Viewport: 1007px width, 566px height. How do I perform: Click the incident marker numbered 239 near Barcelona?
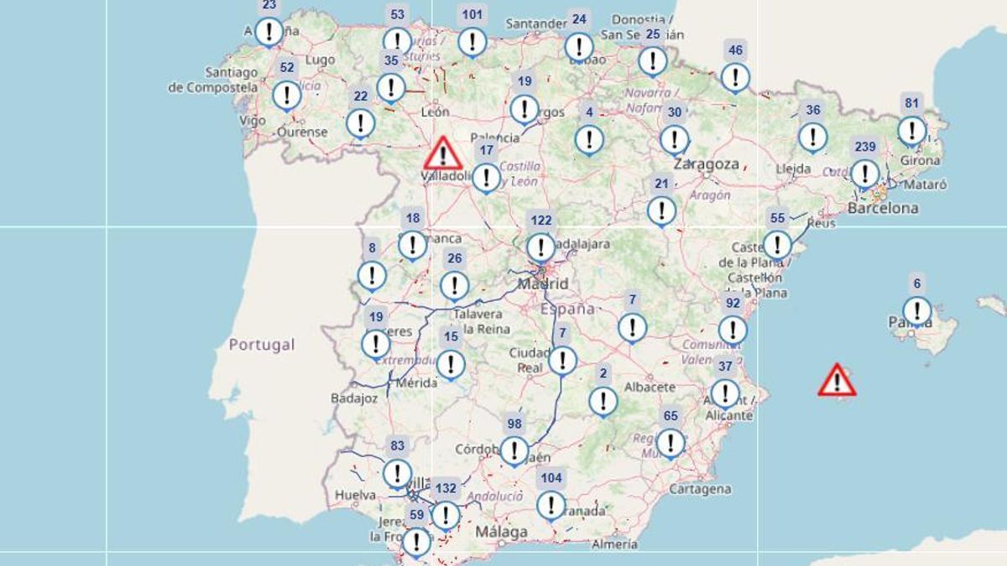click(864, 174)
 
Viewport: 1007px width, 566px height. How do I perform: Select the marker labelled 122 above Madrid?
click(541, 247)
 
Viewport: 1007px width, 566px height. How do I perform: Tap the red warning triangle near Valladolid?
click(442, 154)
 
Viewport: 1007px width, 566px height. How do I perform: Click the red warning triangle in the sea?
click(837, 380)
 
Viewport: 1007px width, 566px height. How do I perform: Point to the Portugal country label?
click(263, 345)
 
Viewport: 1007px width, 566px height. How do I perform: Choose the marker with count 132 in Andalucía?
click(446, 514)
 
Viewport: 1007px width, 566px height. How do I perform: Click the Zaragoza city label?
click(706, 164)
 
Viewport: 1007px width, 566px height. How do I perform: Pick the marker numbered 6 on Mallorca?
click(916, 310)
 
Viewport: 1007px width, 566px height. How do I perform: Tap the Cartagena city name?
click(701, 489)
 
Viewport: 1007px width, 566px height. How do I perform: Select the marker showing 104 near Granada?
click(550, 504)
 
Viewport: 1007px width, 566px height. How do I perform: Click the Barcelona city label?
click(883, 208)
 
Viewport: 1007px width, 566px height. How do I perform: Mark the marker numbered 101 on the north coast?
click(472, 41)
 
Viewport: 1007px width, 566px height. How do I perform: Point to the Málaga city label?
click(501, 532)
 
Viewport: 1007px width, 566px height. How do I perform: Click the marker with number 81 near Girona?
click(911, 130)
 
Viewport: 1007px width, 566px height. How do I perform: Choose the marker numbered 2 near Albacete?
click(603, 401)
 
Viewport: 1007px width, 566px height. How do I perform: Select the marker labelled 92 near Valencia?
click(733, 330)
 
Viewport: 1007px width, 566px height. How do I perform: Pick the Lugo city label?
click(321, 60)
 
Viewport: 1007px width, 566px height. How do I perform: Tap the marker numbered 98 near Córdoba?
click(514, 450)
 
